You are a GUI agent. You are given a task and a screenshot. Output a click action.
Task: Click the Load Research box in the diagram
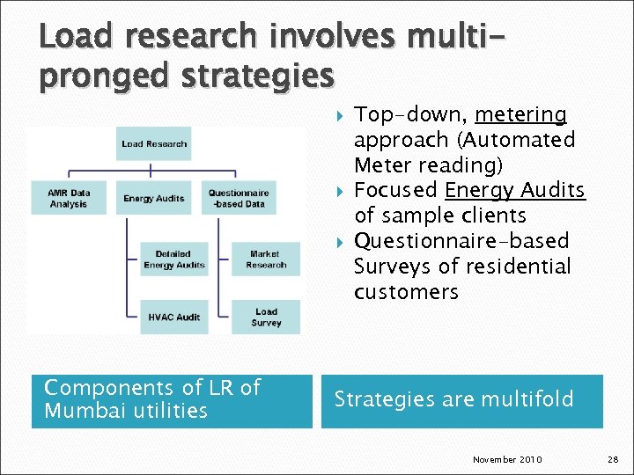coord(154,144)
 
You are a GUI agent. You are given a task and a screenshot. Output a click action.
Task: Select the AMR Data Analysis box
coord(69,198)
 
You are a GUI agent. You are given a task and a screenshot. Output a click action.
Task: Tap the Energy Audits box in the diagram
coord(153,198)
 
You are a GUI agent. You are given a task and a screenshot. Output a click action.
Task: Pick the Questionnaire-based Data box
coord(239,198)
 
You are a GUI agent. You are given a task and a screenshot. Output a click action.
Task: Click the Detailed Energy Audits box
coord(173,259)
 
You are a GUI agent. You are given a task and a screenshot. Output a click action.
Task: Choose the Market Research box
coord(266,259)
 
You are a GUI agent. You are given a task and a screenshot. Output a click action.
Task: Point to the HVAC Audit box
coord(173,317)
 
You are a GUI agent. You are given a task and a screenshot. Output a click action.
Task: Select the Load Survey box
coord(266,317)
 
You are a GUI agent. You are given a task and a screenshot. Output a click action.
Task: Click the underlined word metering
coord(520,115)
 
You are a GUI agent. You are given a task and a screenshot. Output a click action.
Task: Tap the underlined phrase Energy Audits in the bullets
coord(515,191)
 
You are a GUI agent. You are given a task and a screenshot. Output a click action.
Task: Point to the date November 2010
coord(507,460)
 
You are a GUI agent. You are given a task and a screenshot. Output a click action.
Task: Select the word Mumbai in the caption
coord(81,411)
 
